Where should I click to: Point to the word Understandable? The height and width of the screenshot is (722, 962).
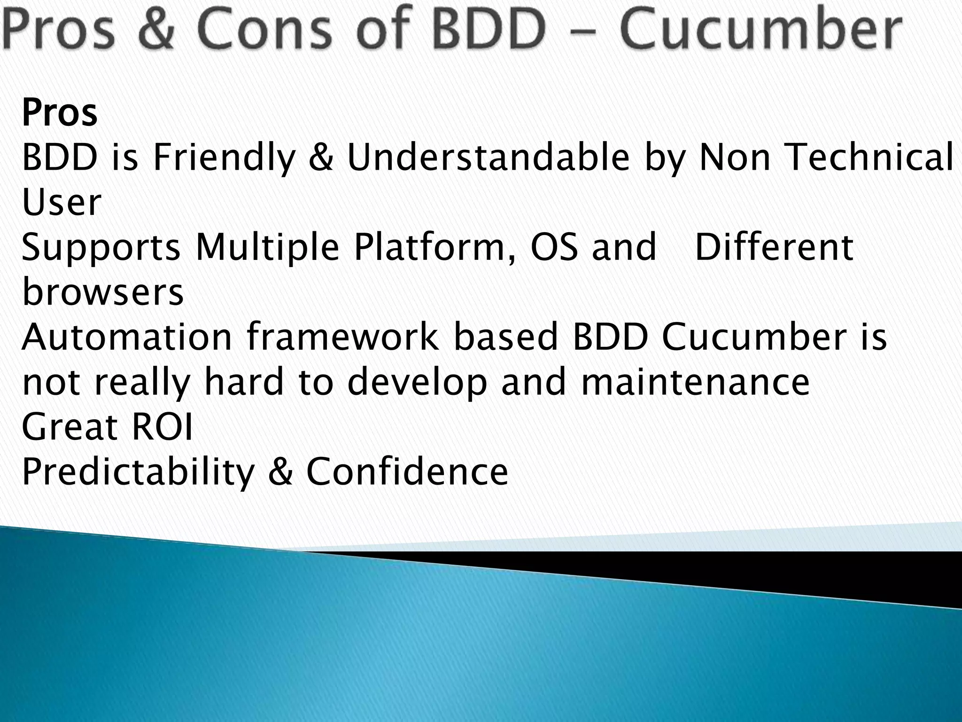pyautogui.click(x=488, y=157)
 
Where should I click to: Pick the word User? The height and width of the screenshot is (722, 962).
pyautogui.click(x=62, y=202)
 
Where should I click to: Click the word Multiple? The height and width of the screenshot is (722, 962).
pyautogui.click(x=267, y=247)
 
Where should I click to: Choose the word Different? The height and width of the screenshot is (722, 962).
pyautogui.click(x=774, y=247)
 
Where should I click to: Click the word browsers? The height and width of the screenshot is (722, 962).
pyautogui.click(x=103, y=292)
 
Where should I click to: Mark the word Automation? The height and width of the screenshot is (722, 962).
pyautogui.click(x=127, y=337)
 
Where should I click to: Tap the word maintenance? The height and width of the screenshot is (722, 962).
pyautogui.click(x=695, y=382)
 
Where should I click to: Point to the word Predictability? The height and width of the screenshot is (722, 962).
pyautogui.click(x=138, y=472)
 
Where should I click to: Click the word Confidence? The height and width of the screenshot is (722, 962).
pyautogui.click(x=407, y=471)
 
